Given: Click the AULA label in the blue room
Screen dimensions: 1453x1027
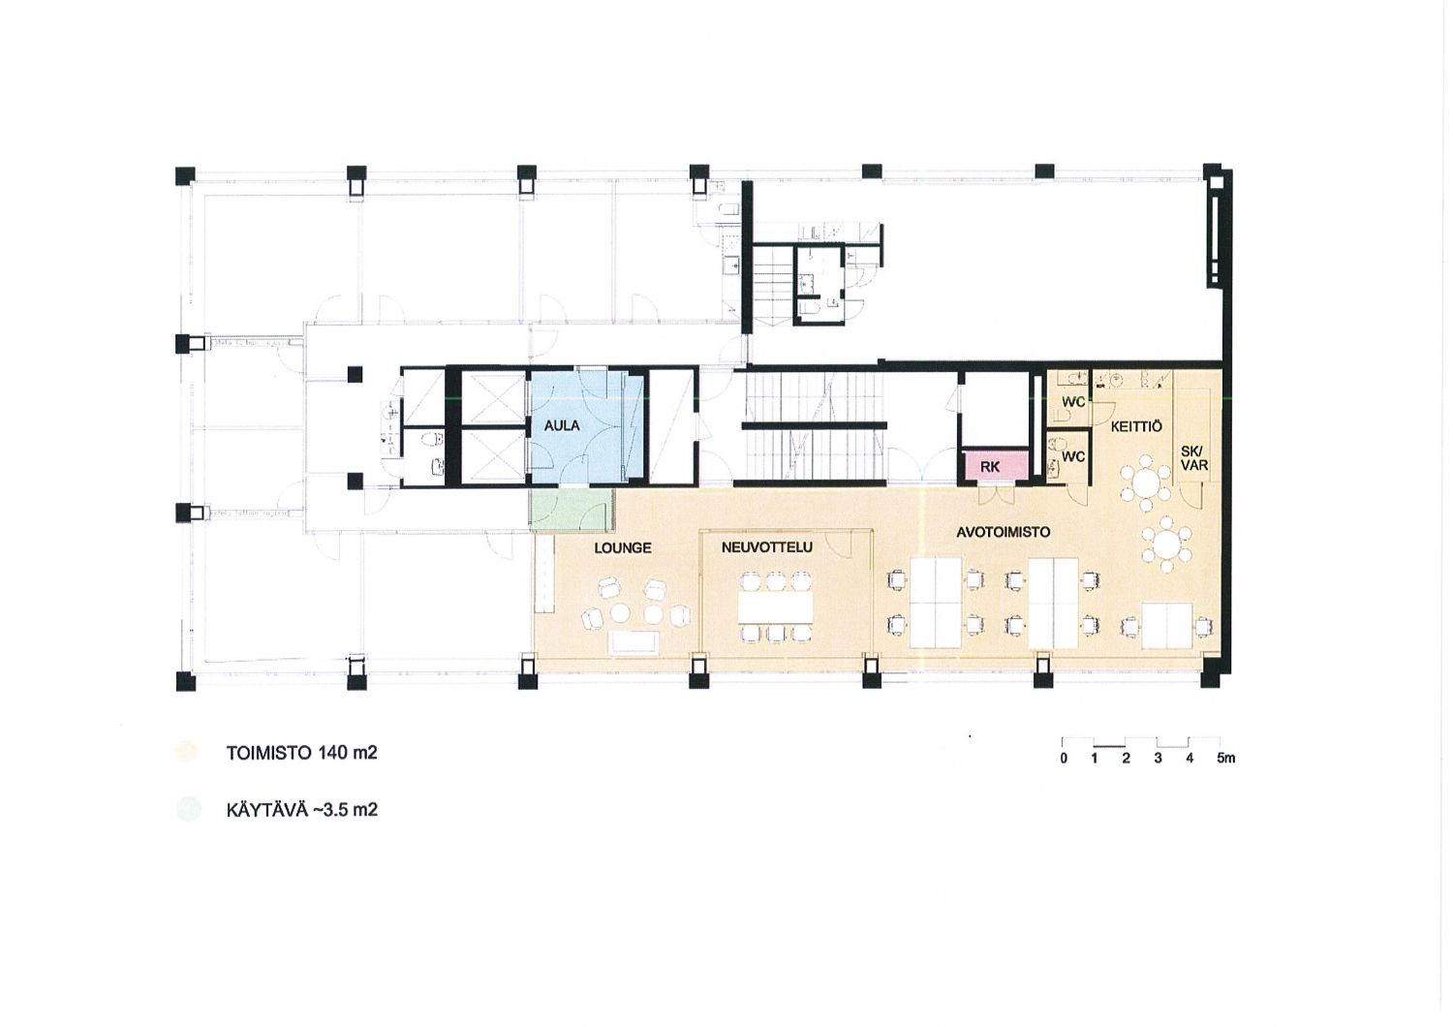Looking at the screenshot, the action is tap(562, 426).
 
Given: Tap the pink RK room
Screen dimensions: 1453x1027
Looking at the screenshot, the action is tap(992, 466).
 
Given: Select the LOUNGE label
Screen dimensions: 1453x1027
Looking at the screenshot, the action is tap(623, 548).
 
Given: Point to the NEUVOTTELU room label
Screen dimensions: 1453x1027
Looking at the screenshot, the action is tap(767, 547).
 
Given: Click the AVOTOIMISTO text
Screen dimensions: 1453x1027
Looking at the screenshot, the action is tap(1003, 532).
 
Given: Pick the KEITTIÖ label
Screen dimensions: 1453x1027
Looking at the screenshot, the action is tap(1136, 427).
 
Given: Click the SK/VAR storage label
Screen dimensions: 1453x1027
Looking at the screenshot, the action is tap(1194, 458).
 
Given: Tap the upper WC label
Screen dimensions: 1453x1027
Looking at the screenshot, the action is tap(1073, 402).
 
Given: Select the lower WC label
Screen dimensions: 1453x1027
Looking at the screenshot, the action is tap(1073, 456).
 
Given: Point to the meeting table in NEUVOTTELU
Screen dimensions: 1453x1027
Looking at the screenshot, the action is tap(775, 607).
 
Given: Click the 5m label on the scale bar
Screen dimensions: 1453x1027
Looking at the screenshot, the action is tap(1226, 758).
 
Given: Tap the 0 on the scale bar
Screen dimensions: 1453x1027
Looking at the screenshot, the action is tap(1064, 758).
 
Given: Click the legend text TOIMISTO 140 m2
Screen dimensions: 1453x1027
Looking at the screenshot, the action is tap(301, 753).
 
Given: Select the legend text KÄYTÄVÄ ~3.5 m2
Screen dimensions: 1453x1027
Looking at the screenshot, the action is tap(301, 810).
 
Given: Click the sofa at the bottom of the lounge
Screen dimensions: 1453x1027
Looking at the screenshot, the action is tap(634, 642).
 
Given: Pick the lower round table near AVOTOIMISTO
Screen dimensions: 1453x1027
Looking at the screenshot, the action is tap(1167, 544).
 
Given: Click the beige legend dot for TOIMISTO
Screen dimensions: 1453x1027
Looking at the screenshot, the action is tap(187, 753).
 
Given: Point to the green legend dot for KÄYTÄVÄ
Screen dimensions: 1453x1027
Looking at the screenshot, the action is tap(187, 810).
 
